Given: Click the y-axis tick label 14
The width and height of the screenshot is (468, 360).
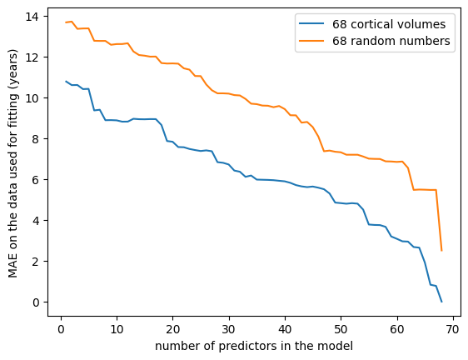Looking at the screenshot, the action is [x=32, y=17].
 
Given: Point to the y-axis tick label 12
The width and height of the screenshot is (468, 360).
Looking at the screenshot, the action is [x=32, y=57].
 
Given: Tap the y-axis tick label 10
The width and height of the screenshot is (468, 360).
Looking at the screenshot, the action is [x=32, y=98].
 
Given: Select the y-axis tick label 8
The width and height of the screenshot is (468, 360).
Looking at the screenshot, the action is [x=36, y=139].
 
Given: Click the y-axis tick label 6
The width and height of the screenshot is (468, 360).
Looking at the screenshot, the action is [x=36, y=180].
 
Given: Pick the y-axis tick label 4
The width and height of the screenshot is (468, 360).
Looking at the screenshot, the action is [x=36, y=221].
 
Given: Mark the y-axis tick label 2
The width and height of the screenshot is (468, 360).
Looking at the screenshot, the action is [x=36, y=262].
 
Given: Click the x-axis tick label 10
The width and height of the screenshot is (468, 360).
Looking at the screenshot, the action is [x=117, y=329].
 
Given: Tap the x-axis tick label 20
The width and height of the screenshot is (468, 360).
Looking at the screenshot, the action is [x=173, y=329].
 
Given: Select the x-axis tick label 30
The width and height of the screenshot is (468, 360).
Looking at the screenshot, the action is [x=229, y=329].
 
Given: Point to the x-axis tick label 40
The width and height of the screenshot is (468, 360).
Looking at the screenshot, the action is [x=285, y=329].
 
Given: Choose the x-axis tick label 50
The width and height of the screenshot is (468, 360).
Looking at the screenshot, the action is [x=341, y=329].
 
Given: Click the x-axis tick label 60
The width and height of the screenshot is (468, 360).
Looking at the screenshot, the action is [x=397, y=329].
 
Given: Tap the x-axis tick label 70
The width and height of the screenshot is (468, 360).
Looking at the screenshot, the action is [x=453, y=329].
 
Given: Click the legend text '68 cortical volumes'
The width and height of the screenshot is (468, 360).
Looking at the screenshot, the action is [x=389, y=24].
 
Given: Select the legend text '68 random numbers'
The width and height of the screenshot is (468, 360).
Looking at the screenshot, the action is [x=391, y=41].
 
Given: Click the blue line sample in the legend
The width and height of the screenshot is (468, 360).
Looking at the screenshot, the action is [x=312, y=23].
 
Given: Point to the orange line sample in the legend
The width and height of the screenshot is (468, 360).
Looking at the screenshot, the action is [x=312, y=40].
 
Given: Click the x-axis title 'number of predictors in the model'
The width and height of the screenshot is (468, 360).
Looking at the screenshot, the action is [x=254, y=347].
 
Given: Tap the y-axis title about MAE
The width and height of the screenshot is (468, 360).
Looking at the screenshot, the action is [x=12, y=163].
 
